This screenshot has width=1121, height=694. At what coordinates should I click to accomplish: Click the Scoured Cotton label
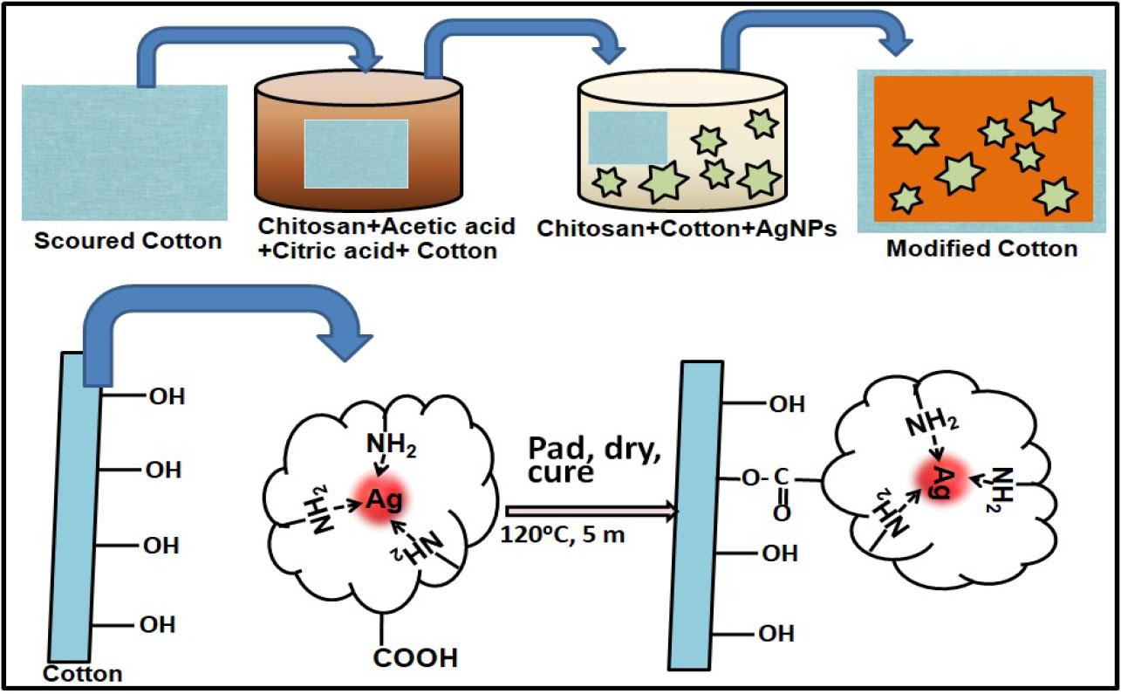click(127, 241)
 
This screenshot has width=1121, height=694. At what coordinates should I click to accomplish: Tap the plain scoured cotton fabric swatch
click(125, 152)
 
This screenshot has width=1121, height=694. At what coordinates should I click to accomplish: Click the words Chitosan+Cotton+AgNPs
click(688, 229)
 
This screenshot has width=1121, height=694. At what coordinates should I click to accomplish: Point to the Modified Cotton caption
click(981, 249)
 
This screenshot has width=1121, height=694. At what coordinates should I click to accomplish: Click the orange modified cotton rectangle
click(983, 148)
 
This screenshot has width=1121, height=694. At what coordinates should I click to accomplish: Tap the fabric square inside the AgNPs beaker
click(627, 138)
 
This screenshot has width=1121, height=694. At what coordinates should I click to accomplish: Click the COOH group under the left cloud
click(415, 657)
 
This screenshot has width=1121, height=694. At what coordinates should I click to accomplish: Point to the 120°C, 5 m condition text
click(564, 534)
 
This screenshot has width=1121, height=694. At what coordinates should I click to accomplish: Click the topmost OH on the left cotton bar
click(167, 397)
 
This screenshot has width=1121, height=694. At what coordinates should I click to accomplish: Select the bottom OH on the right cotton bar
click(776, 633)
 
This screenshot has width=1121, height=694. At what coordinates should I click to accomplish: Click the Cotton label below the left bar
click(82, 674)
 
